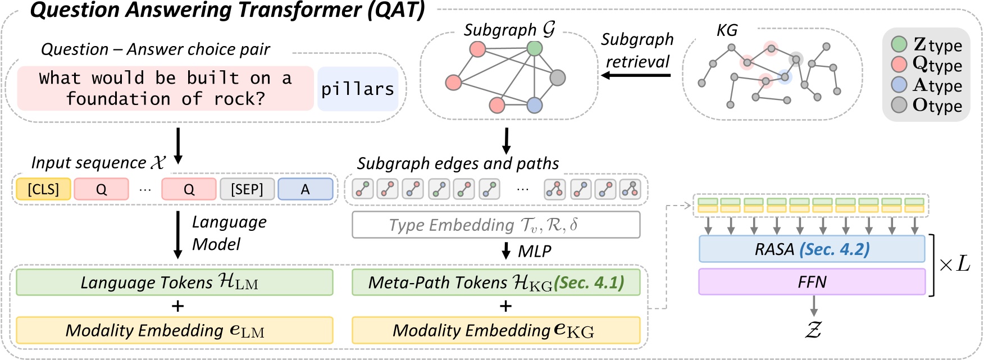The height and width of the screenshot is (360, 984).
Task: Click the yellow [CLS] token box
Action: tap(43, 189)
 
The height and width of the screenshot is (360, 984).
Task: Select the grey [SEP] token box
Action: tap(247, 189)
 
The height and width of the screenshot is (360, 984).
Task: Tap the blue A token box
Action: tap(305, 189)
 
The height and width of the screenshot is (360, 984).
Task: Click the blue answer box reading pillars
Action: tap(358, 89)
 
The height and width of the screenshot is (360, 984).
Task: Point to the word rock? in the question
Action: tap(239, 99)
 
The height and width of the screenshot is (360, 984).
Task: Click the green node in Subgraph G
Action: tap(535, 48)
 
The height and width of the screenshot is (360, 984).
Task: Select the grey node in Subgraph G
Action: tap(557, 78)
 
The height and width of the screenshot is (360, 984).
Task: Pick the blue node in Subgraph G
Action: tap(535, 105)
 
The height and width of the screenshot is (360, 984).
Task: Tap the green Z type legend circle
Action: tap(899, 44)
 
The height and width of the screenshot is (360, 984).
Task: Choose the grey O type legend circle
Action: tap(899, 105)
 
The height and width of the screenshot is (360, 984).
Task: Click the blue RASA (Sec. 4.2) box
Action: tap(812, 249)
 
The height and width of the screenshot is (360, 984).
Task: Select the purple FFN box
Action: tap(812, 281)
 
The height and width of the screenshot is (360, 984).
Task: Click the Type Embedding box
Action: tap(495, 225)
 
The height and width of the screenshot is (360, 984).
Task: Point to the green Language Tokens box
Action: tap(174, 282)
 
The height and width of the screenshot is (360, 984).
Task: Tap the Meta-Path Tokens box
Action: tap(495, 282)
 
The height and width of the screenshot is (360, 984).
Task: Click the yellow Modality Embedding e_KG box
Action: tap(495, 330)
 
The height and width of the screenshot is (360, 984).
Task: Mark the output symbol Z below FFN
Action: tap(813, 330)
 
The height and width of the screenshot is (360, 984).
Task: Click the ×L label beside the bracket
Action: tap(954, 263)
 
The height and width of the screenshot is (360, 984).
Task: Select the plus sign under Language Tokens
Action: tap(177, 306)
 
